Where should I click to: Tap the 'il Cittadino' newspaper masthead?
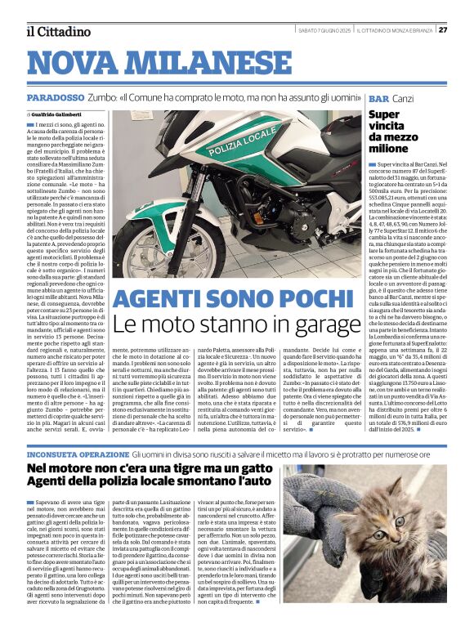[x=58, y=32]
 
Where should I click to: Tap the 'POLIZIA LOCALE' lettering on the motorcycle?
[x=244, y=146]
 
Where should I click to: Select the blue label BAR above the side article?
[x=378, y=97]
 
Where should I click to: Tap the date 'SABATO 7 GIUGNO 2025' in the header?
[x=325, y=29]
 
